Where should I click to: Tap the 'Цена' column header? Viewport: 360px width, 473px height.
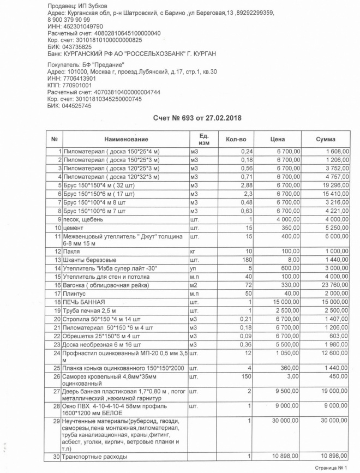click(278, 139)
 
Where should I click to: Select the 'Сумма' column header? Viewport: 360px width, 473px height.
click(326, 139)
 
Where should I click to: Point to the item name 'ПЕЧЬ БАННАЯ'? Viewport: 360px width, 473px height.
click(82, 302)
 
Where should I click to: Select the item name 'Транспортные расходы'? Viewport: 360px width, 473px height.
click(95, 456)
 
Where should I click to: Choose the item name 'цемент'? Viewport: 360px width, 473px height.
click(74, 227)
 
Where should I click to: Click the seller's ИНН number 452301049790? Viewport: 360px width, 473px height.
click(81, 26)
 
